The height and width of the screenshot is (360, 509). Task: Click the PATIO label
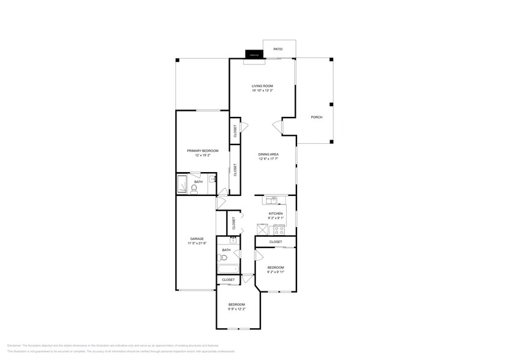[x=278, y=49]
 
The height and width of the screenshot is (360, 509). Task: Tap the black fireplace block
[x=254, y=54]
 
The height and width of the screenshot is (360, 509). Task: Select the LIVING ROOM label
[x=262, y=86]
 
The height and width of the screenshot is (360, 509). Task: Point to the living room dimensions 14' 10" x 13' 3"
[x=262, y=91]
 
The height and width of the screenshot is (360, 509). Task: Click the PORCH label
[x=316, y=117]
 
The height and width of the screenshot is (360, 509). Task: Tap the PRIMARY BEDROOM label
[x=202, y=150]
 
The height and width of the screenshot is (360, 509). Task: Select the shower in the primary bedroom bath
[x=183, y=184]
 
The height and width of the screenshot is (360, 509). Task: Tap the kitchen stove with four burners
[x=279, y=230]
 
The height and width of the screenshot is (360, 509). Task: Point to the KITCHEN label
[x=276, y=213]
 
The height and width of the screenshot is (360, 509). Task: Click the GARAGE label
[x=196, y=239]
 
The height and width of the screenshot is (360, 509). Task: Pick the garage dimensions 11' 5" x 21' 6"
[x=197, y=244]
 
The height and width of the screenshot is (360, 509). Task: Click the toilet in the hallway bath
[x=224, y=257]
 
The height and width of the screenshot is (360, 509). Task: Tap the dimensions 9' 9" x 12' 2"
[x=236, y=309]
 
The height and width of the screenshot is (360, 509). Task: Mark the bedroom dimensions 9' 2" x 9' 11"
[x=276, y=272]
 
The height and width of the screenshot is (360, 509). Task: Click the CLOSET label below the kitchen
[x=276, y=242]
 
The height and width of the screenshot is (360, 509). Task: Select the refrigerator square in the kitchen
[x=262, y=230]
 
